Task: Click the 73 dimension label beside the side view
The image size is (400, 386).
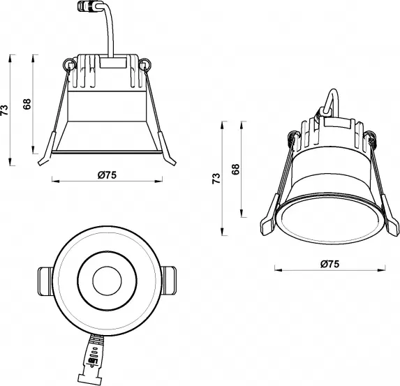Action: tap(6, 110)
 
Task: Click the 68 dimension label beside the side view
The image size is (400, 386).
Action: tap(27, 105)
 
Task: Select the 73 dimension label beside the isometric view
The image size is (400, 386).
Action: tap(216, 179)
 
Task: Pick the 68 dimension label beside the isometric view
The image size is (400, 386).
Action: tap(236, 170)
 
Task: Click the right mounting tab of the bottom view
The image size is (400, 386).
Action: tap(170, 279)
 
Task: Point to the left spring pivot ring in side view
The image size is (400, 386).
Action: tap(68, 66)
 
